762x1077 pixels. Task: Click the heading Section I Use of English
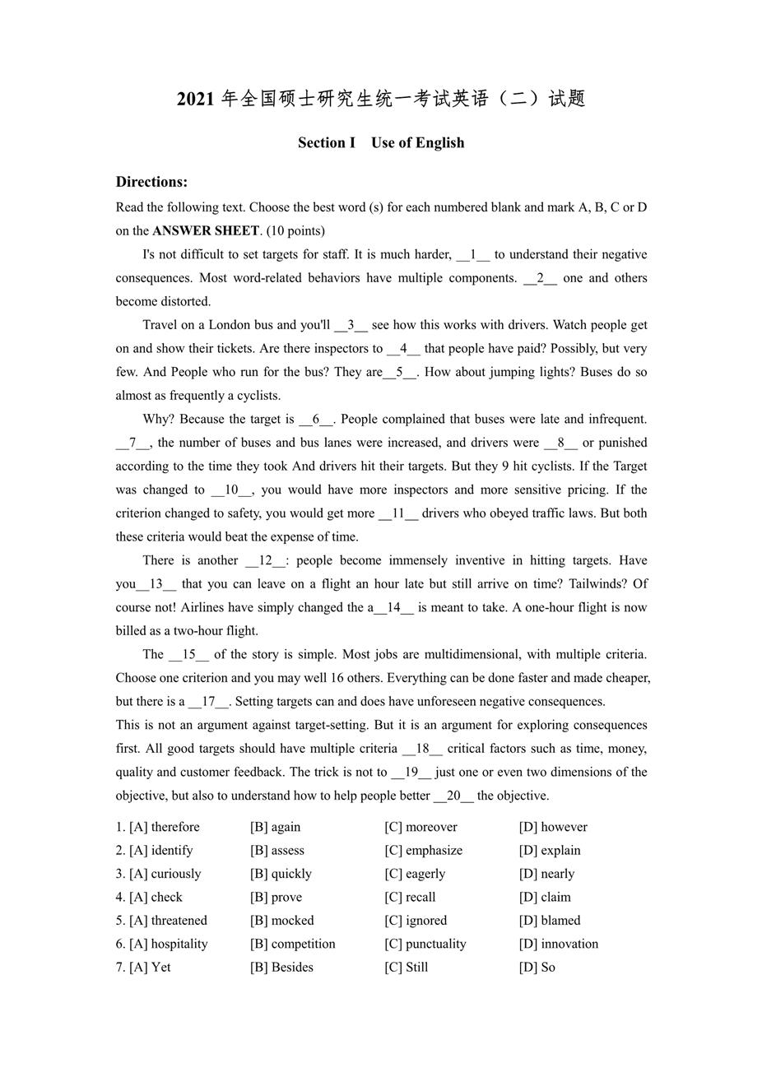click(381, 142)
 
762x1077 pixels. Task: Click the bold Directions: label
click(151, 182)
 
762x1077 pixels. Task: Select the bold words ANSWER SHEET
click(206, 230)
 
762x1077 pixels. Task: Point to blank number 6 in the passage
click(316, 419)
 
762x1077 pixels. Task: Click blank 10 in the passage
click(231, 490)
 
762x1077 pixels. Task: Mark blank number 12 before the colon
click(265, 560)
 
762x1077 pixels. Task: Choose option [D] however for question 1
click(553, 827)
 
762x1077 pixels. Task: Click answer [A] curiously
click(165, 874)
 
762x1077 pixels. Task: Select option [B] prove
click(276, 897)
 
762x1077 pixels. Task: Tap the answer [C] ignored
click(416, 921)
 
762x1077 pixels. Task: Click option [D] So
click(537, 968)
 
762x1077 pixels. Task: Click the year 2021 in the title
click(195, 99)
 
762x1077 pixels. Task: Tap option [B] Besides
click(281, 968)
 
